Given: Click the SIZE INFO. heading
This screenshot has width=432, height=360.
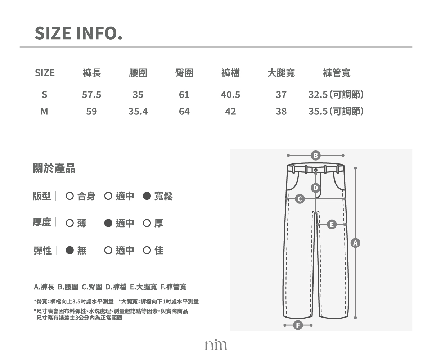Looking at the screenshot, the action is [78, 33].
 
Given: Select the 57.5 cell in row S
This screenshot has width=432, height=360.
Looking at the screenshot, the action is [91, 95].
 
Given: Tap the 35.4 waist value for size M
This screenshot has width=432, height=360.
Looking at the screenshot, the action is [138, 112].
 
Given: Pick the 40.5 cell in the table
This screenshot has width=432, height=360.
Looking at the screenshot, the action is [230, 95].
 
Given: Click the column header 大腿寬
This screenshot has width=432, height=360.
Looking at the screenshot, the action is [281, 73].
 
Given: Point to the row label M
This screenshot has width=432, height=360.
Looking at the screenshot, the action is [44, 112].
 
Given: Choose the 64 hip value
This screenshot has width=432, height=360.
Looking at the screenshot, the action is [184, 112].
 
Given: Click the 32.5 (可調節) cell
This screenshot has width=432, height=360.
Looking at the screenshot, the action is [336, 95].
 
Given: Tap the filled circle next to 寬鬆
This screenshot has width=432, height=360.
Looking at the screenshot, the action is [147, 196].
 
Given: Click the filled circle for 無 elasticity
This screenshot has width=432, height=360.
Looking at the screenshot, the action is [69, 250].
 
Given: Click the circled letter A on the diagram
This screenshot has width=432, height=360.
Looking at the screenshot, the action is [355, 243].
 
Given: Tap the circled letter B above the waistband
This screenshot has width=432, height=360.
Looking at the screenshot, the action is [315, 156].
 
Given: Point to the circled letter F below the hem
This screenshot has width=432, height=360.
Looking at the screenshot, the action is [298, 325].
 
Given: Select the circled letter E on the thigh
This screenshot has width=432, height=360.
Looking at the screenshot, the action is [332, 225].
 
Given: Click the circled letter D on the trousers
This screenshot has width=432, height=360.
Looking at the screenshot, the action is [315, 188].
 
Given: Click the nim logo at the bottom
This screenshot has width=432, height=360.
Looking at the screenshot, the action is [216, 345].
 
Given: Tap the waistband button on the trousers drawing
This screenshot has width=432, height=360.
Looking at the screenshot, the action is [316, 170].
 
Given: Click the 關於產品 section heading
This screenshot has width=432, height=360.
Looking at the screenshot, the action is [54, 168].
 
